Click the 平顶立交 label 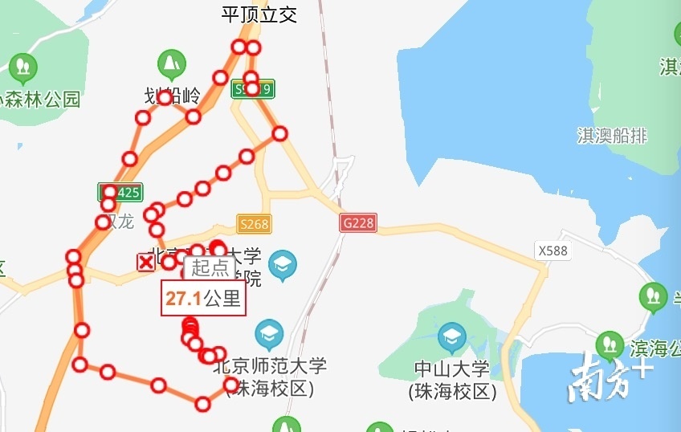tap(259, 14)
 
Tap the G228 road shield tap(357, 222)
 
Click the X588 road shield tap(553, 251)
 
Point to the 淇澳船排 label tap(612, 135)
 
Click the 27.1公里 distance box tap(203, 299)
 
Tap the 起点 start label tap(210, 268)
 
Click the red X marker tap(146, 262)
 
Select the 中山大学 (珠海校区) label tap(452, 380)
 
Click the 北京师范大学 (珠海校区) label tap(271, 377)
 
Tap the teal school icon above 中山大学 tap(451, 336)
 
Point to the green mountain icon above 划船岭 tap(170, 62)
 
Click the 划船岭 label tap(172, 96)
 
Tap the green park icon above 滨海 tap(610, 344)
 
